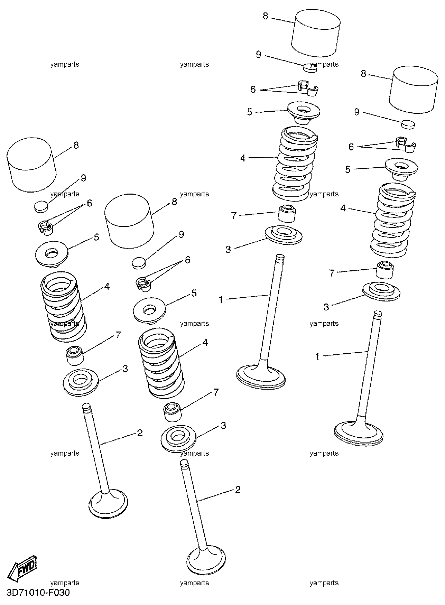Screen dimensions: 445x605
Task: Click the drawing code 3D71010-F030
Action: (36, 593)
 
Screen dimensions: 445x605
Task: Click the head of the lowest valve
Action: (206, 558)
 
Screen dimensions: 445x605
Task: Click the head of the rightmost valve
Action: (359, 432)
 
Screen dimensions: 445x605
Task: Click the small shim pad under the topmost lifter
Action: (310, 67)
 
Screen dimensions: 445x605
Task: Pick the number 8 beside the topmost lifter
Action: (266, 16)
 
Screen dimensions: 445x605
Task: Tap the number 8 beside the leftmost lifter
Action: (76, 145)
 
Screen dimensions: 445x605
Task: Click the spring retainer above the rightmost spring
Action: (401, 169)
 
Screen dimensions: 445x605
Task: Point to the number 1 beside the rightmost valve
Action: (317, 356)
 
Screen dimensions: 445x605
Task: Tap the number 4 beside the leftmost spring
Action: (107, 286)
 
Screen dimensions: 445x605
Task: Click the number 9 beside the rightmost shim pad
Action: (357, 112)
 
